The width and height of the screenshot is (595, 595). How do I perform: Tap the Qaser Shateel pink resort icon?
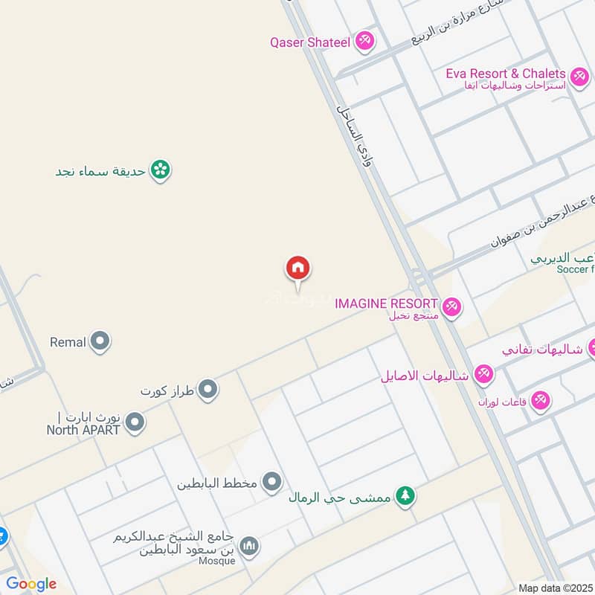point(364,40)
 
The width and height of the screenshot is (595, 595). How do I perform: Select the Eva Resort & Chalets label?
point(506,74)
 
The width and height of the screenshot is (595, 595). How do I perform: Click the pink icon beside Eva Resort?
point(579,75)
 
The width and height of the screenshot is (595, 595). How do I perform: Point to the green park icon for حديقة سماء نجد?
point(159,170)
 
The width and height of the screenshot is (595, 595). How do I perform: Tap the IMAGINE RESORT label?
point(385,303)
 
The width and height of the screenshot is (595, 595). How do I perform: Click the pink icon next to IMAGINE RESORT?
point(451,306)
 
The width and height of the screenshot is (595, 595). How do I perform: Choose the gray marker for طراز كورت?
point(208,388)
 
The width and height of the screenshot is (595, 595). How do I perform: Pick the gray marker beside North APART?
point(135,423)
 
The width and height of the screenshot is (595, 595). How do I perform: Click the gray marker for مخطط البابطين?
point(273,483)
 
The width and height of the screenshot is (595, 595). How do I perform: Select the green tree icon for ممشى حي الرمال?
point(405,495)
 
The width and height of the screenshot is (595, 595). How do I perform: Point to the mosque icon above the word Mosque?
point(251,547)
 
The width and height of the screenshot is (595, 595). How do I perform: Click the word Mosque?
point(217,561)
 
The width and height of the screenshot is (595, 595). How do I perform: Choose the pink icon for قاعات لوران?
point(541,400)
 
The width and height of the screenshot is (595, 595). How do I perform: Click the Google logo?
point(32,584)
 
